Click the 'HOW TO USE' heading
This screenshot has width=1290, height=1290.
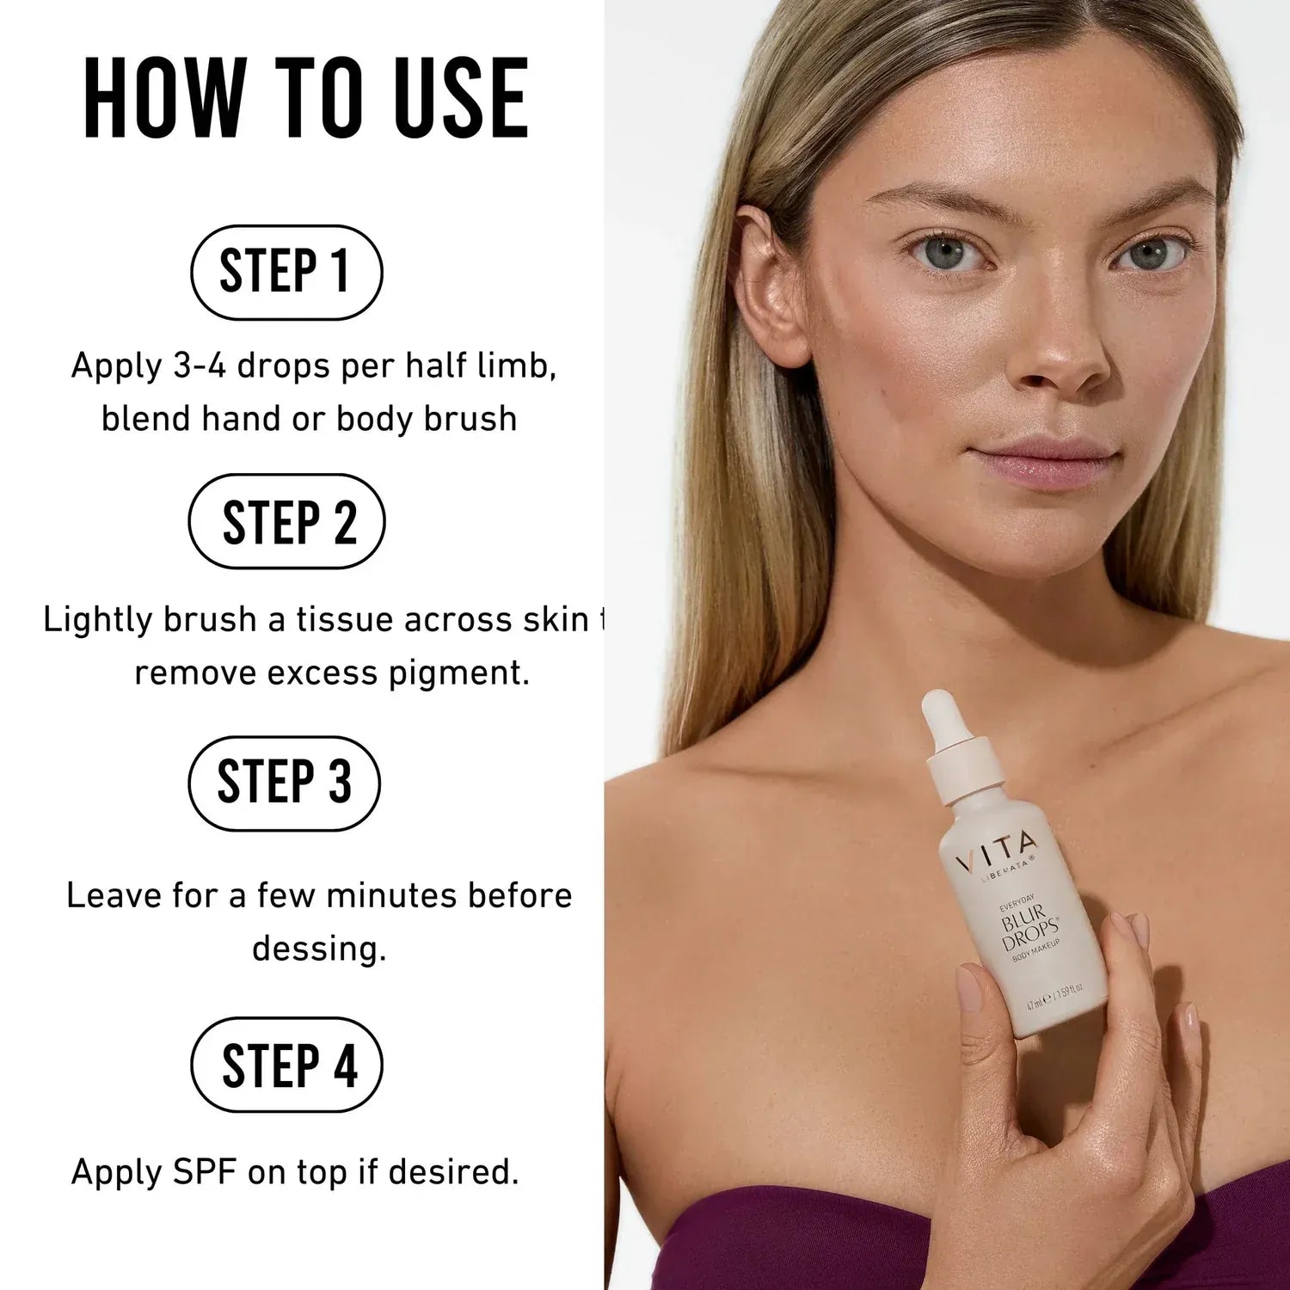pyautogui.click(x=305, y=98)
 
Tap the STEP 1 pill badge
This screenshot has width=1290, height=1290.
pyautogui.click(x=286, y=272)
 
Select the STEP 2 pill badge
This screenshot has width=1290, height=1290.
pyautogui.click(x=286, y=521)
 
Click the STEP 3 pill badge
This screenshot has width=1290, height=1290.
pyautogui.click(x=285, y=783)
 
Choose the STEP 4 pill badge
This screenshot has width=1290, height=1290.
pyautogui.click(x=286, y=1065)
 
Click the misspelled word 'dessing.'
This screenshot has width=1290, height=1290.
pyautogui.click(x=319, y=949)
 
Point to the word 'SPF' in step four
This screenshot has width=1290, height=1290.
pyautogui.click(x=204, y=1171)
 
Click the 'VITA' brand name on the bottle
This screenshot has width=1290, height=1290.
pyautogui.click(x=998, y=851)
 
